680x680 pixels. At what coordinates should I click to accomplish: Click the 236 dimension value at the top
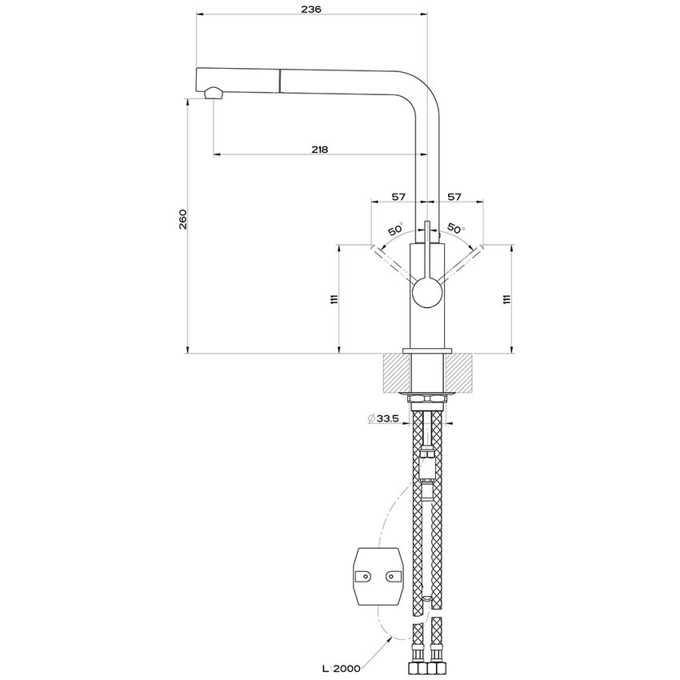(x=312, y=9)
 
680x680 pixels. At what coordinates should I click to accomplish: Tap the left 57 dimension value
(x=398, y=196)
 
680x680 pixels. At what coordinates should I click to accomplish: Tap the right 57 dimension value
(x=454, y=196)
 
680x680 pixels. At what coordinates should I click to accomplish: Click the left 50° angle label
(x=395, y=230)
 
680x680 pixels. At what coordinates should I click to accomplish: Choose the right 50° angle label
(x=456, y=229)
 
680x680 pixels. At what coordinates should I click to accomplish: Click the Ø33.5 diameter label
(x=383, y=418)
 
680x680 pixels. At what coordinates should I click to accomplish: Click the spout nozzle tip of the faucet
(x=214, y=94)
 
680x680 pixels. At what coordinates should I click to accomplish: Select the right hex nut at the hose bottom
(x=436, y=666)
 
